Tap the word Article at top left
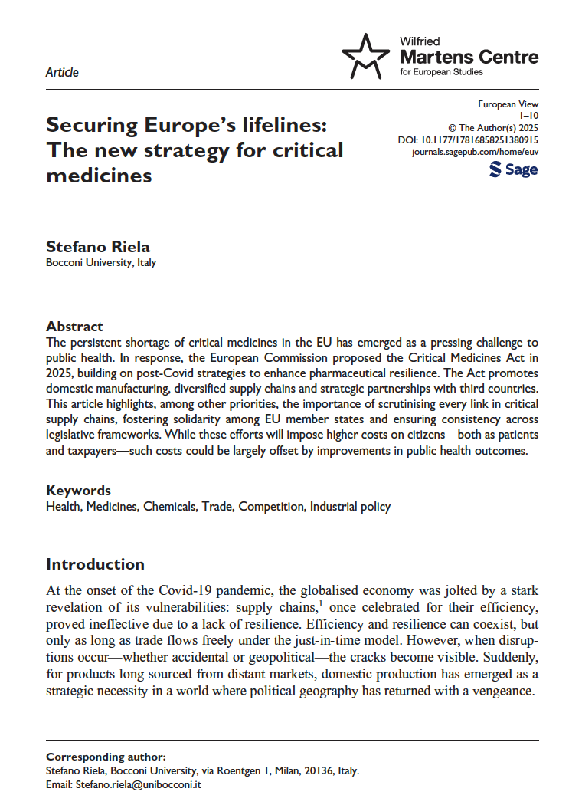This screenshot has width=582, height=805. coord(62,72)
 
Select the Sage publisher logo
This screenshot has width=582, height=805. coord(513,169)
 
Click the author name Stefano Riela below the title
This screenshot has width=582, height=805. coord(98,247)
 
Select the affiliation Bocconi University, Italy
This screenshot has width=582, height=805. coord(101,263)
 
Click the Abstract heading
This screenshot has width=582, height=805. coord(74,326)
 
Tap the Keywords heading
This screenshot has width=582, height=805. coord(78,491)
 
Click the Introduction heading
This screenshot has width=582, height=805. coord(95,564)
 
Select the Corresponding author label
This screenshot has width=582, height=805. coord(105,756)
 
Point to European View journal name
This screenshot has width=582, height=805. coord(508,103)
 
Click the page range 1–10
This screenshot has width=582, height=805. coord(528,116)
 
